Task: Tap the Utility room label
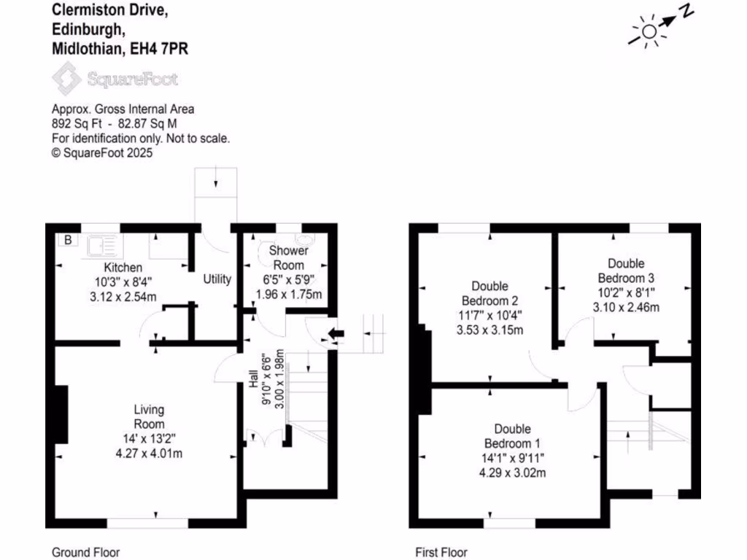[x=217, y=279]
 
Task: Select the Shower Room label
[x=290, y=257]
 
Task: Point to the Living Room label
[x=149, y=416]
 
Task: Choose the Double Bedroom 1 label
[x=512, y=436]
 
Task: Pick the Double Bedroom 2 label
[x=489, y=294]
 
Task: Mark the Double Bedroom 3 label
[x=626, y=271]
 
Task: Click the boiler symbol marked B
[x=68, y=240]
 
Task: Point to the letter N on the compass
[x=686, y=11]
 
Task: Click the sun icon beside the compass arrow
[x=648, y=31]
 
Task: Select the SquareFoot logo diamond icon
[x=66, y=79]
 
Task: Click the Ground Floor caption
[x=85, y=552]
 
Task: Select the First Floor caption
[x=441, y=552]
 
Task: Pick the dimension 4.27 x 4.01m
[x=148, y=453]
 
